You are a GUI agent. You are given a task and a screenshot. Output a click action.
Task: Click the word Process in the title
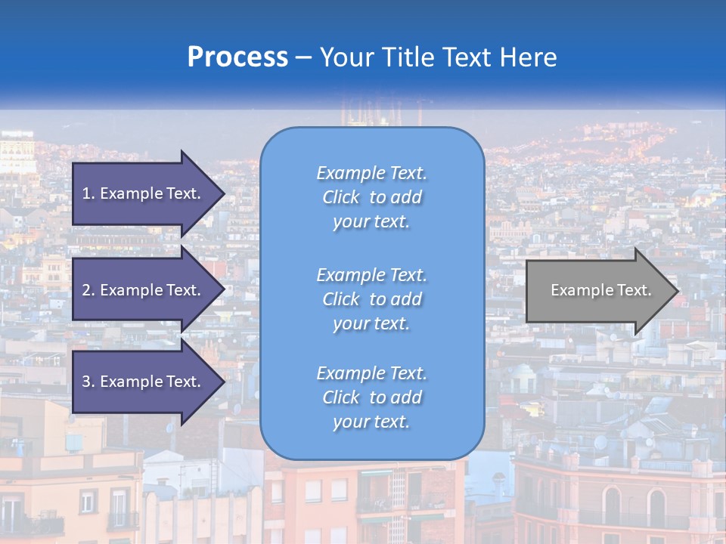(237, 57)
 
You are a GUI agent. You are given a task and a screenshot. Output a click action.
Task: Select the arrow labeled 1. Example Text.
(144, 193)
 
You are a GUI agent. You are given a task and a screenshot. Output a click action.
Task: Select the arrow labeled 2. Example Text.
(144, 290)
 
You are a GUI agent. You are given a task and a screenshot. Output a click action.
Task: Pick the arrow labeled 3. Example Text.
(144, 382)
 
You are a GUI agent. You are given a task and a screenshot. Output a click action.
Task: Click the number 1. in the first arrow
(88, 193)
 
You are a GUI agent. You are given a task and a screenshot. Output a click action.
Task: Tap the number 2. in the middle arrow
(88, 290)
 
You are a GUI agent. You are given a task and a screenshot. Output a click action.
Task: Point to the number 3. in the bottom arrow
(88, 382)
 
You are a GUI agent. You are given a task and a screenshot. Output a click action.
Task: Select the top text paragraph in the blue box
(371, 197)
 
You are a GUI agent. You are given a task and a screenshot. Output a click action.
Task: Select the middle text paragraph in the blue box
(371, 299)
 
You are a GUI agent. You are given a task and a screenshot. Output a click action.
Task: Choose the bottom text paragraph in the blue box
(371, 397)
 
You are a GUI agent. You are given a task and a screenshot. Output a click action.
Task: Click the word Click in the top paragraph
(341, 197)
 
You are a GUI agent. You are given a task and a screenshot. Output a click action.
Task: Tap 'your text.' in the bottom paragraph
(371, 422)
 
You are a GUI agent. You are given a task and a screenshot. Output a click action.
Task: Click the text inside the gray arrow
(601, 290)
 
